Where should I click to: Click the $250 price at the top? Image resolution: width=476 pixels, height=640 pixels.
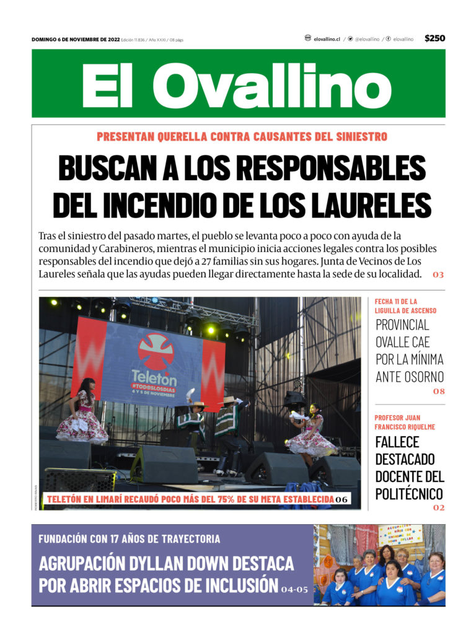coord(434,38)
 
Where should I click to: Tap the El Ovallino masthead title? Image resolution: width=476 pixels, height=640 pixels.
coord(237,85)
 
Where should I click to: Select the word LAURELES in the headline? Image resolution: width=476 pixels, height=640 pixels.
coord(379,204)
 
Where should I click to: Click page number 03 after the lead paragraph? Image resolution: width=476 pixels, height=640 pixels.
coord(438,274)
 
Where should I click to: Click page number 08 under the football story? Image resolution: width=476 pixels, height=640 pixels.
coord(439,391)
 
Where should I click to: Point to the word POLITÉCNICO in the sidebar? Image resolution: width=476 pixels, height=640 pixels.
coord(409,494)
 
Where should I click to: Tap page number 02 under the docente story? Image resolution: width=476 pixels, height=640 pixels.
coord(439,507)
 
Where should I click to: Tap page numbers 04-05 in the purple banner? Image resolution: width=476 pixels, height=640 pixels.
coord(294,588)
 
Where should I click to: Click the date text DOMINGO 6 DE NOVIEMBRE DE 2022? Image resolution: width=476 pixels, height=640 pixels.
coord(75,40)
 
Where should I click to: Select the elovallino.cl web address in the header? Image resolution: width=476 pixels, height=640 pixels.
coord(327,39)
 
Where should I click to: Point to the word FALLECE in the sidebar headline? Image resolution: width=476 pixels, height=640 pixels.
coord(397,442)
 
